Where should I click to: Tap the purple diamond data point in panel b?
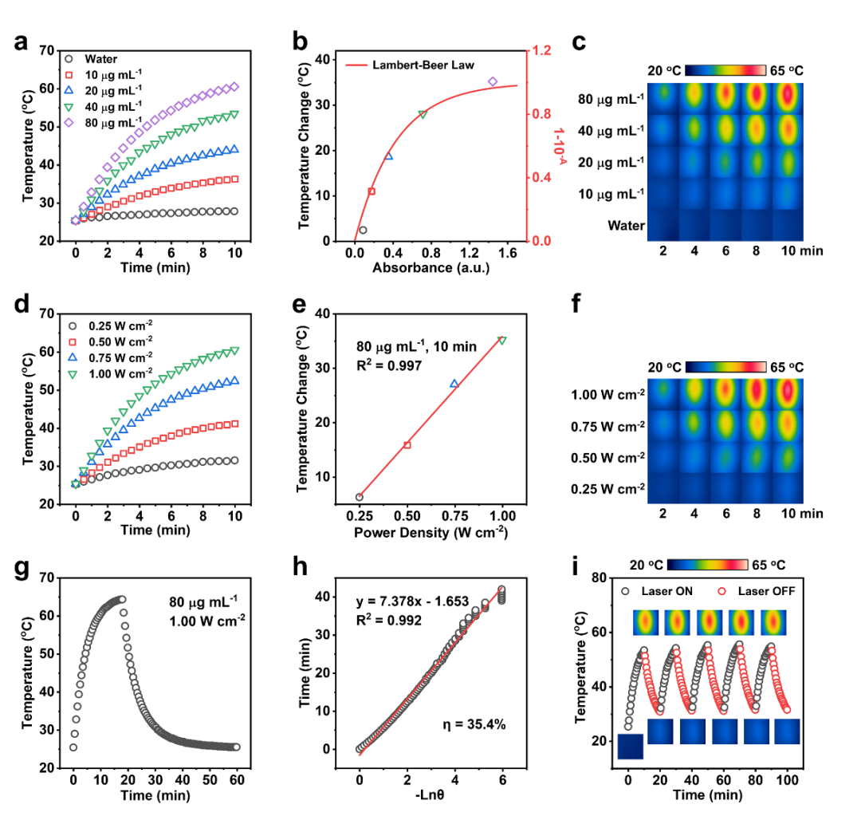coord(493,81)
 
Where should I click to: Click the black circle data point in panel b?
coord(364,230)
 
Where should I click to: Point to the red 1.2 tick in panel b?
coord(542,50)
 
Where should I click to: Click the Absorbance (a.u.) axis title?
coord(431,268)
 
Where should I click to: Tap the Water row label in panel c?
coord(626,226)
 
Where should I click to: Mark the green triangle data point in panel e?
coord(501,341)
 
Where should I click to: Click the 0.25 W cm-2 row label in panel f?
coord(608,487)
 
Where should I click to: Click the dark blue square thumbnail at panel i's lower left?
coord(630,747)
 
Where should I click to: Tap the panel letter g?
coord(24,570)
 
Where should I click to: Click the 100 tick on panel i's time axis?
coord(788,779)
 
